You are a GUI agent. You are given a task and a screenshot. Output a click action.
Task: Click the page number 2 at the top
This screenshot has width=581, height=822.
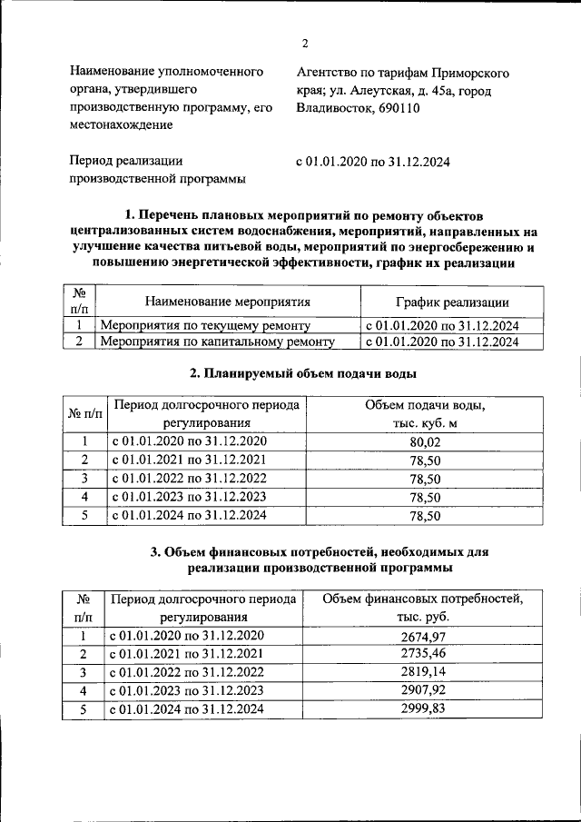pos(306,43)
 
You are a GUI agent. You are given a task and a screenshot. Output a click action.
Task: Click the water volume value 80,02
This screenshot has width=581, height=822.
pos(425,441)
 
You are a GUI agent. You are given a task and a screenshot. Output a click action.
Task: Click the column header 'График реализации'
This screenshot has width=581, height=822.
pos(451,302)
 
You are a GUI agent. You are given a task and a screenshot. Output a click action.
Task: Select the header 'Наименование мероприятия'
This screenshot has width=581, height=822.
pos(228,302)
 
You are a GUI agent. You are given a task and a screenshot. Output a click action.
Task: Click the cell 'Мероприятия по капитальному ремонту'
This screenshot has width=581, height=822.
pos(217,342)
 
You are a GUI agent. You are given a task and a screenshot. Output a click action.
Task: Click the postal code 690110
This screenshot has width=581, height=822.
pos(399,108)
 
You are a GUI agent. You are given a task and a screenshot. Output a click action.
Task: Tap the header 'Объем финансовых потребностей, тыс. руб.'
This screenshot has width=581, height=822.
pos(423,607)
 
